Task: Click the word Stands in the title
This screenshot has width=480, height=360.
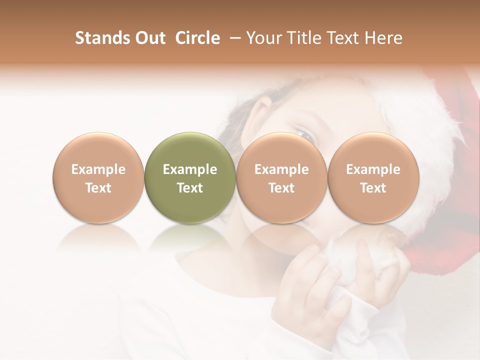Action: pyautogui.click(x=101, y=38)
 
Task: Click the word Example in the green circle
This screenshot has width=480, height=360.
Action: pyautogui.click(x=190, y=169)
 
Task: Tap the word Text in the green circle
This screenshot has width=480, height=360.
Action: pyautogui.click(x=190, y=188)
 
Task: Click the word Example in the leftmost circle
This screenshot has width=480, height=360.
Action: pyautogui.click(x=98, y=169)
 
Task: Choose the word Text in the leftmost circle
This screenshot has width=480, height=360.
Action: pyautogui.click(x=98, y=188)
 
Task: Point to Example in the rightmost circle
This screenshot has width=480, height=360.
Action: pyautogui.click(x=373, y=169)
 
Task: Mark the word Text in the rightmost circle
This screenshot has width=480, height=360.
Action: pyautogui.click(x=373, y=188)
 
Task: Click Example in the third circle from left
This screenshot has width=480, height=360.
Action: pyautogui.click(x=281, y=169)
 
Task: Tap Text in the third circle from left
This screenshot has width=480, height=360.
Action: pyautogui.click(x=281, y=188)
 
